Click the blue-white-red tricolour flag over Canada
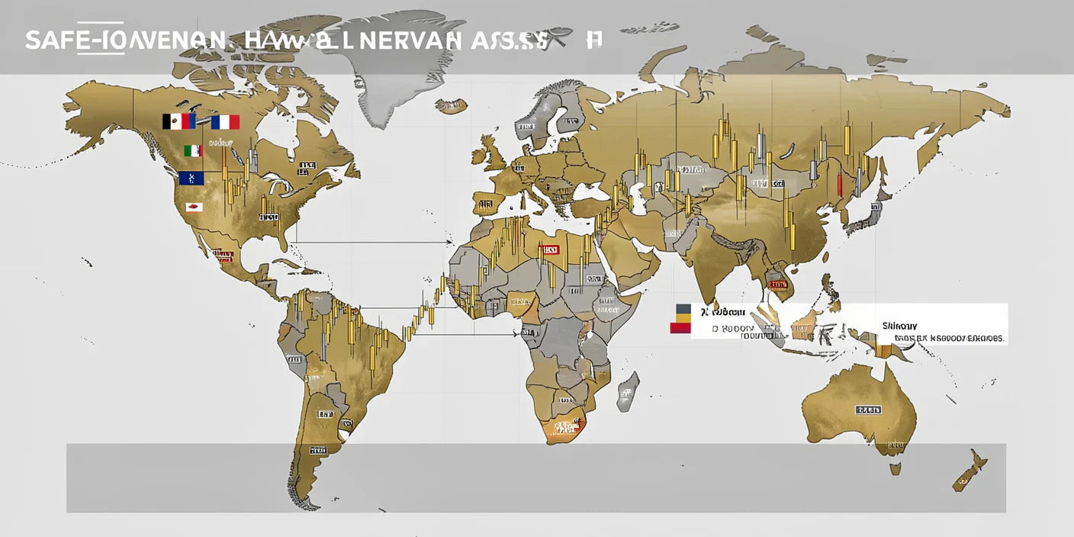point(225,122)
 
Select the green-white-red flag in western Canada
point(193,151)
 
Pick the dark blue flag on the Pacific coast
point(191,178)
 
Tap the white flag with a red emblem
point(194,207)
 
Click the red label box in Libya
point(548,249)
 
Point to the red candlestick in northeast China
point(839,184)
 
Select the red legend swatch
point(680,328)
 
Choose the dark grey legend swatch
point(683,308)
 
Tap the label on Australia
point(868,410)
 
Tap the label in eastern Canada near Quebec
point(307,166)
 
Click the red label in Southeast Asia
point(777,285)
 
